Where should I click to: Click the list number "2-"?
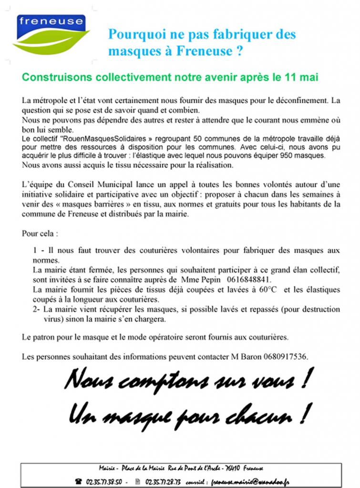[x=37, y=309]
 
